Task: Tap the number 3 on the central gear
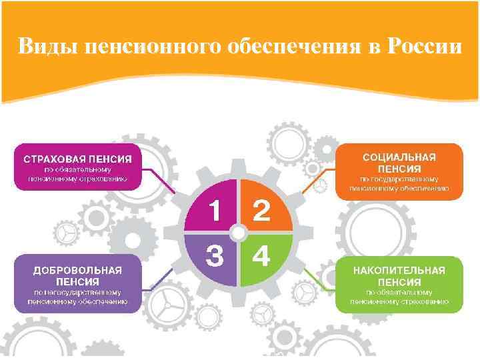click(x=214, y=256)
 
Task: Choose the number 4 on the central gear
click(x=262, y=256)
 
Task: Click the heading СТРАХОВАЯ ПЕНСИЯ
click(x=78, y=159)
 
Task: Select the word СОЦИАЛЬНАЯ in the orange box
click(x=399, y=156)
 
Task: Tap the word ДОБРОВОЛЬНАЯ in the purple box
click(x=78, y=270)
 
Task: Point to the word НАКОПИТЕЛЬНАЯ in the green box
click(x=399, y=270)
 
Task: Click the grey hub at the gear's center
click(x=238, y=233)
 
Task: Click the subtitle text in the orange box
click(x=399, y=183)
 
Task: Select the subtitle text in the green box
click(x=399, y=297)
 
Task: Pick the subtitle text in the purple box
click(x=78, y=297)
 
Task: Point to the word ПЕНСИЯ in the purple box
click(x=78, y=281)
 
